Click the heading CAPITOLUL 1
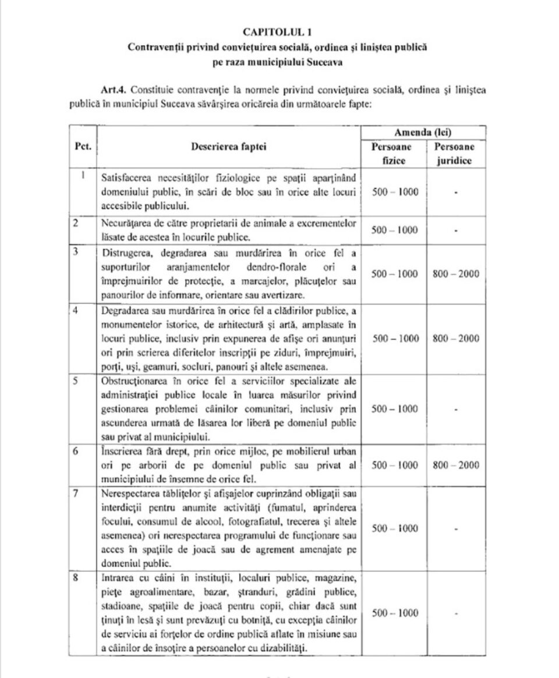coord(278,32)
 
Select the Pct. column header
coord(83,147)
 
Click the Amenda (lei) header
coord(423,133)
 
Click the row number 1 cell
coord(84,175)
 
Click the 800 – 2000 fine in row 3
coord(457,274)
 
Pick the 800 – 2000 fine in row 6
coord(457,465)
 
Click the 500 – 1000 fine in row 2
coord(395,230)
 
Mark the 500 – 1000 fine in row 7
coord(395,528)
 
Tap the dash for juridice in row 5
coord(455,409)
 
